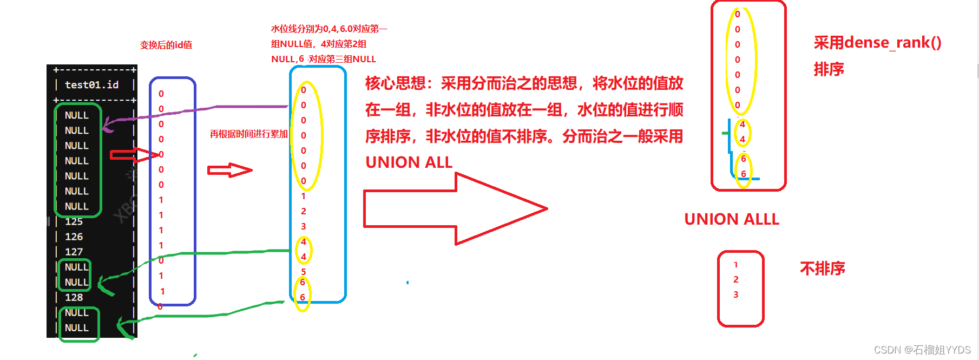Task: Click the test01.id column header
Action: tap(91, 84)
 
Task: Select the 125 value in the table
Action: tap(74, 221)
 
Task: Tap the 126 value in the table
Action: tap(74, 237)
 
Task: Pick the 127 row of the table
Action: tap(74, 252)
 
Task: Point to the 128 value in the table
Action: tap(74, 297)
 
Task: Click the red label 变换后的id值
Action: tap(166, 45)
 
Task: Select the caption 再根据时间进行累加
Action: tap(248, 134)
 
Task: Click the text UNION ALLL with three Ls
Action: tap(732, 219)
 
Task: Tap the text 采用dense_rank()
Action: tap(877, 42)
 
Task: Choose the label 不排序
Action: tap(823, 269)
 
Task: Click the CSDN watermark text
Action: tap(922, 350)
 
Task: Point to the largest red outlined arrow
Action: tap(455, 208)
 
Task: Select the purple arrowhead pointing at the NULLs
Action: tap(108, 125)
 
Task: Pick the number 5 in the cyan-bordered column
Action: tap(304, 272)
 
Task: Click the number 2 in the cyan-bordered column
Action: tap(304, 211)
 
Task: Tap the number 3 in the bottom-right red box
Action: tap(736, 294)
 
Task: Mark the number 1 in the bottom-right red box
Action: tap(736, 265)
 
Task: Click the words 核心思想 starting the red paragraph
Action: tap(396, 83)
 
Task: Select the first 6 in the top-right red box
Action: tap(744, 159)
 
